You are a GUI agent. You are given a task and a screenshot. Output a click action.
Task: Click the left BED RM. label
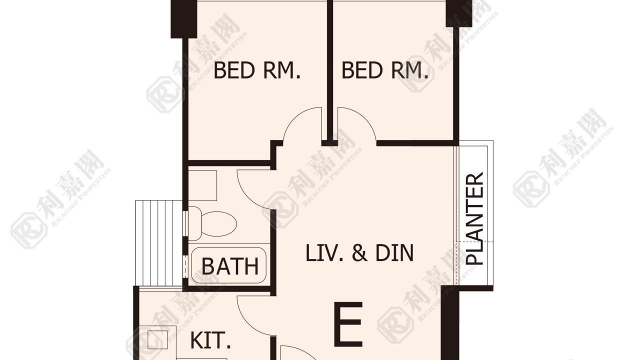point(257,70)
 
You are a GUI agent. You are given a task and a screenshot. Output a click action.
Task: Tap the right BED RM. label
point(385,70)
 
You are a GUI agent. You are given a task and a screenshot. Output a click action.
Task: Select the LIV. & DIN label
point(359,253)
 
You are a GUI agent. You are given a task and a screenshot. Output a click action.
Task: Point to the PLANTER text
point(474,218)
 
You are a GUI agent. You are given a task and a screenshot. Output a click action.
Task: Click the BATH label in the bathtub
point(229,266)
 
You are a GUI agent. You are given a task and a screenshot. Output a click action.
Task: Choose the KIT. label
point(210,340)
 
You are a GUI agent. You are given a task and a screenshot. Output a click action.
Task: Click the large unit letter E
point(348,324)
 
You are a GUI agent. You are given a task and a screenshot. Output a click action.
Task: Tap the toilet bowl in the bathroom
point(218,224)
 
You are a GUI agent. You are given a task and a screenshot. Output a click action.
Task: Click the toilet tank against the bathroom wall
point(195,223)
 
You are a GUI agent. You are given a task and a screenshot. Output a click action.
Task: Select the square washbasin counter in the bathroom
point(202,185)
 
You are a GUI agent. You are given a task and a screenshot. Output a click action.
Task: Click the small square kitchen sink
point(157,339)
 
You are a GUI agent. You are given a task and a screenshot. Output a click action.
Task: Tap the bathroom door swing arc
point(246,197)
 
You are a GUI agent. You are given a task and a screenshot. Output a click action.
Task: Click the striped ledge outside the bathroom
point(158,243)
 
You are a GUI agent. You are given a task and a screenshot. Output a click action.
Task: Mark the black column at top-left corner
point(184,18)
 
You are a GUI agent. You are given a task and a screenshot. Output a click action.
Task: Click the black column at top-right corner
point(459,13)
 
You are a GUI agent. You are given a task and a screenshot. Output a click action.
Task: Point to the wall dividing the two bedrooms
point(330,72)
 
